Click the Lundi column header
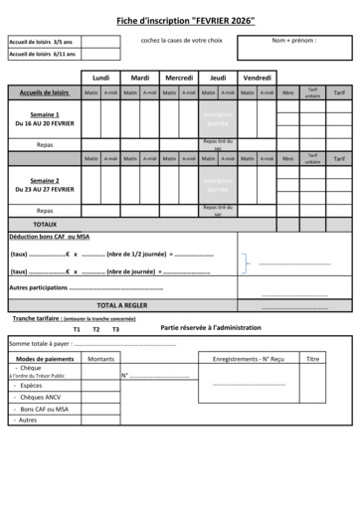[x=100, y=77]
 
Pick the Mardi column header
[x=140, y=77]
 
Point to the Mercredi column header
[x=179, y=77]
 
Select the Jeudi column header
[x=219, y=77]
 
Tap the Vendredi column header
[x=258, y=77]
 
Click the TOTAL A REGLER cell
[x=122, y=305]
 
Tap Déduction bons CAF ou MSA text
[x=50, y=238]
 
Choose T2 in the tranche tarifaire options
[x=95, y=329]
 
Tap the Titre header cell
[x=313, y=358]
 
